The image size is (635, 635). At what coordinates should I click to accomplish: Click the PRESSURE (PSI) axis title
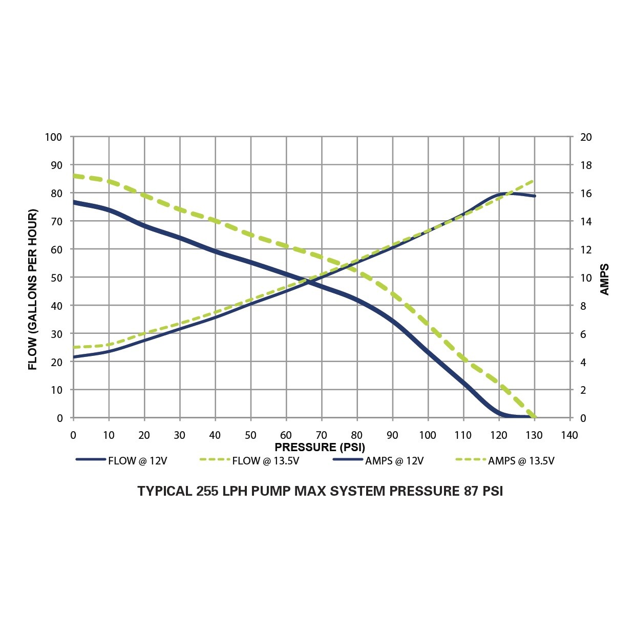[x=320, y=447]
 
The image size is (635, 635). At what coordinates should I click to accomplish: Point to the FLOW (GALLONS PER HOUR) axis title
[x=33, y=289]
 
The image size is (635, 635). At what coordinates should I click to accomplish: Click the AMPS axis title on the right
[x=605, y=280]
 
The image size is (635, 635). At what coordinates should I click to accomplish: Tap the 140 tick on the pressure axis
[x=569, y=435]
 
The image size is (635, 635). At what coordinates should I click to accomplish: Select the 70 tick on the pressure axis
[x=322, y=435]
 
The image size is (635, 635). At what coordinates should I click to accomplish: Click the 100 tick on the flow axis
[x=53, y=137]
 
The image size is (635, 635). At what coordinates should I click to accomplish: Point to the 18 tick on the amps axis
[x=586, y=165]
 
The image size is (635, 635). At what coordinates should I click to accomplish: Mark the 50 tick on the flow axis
[x=56, y=278]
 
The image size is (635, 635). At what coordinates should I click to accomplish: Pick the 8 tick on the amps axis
[x=583, y=306]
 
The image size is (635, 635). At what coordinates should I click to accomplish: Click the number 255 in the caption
[x=207, y=491]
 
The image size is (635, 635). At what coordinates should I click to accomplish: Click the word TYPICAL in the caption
[x=164, y=491]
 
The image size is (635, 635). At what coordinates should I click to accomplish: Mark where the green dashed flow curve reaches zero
[x=535, y=417]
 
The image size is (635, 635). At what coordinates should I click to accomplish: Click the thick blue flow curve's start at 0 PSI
[x=74, y=202]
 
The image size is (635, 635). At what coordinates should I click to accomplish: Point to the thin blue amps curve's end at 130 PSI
[x=535, y=196]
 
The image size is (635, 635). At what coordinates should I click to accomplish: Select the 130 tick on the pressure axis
[x=534, y=435]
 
